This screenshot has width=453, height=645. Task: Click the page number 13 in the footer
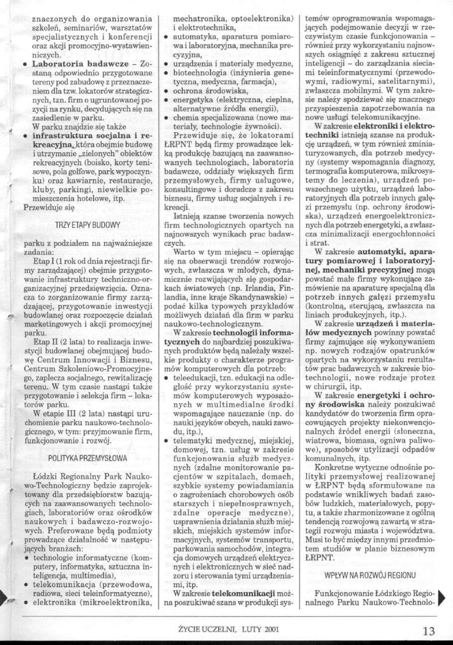(428, 631)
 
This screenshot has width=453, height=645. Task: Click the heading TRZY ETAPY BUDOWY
(88, 225)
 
